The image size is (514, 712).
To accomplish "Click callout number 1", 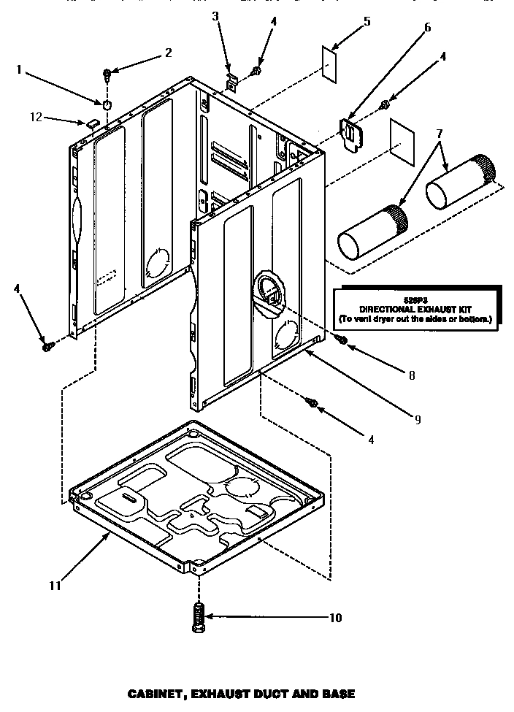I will click(x=19, y=71).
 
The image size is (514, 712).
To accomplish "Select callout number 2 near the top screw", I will click(x=168, y=53).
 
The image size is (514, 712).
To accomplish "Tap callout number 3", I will click(x=215, y=16).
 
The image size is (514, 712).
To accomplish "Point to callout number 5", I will click(x=367, y=21).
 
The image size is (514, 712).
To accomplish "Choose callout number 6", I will click(x=427, y=28).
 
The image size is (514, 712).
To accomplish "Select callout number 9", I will click(x=417, y=419).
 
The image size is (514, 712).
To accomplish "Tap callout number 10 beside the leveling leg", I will click(x=335, y=618).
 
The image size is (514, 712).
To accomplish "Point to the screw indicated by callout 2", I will click(x=107, y=73).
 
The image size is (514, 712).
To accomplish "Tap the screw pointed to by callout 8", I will click(x=340, y=339).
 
